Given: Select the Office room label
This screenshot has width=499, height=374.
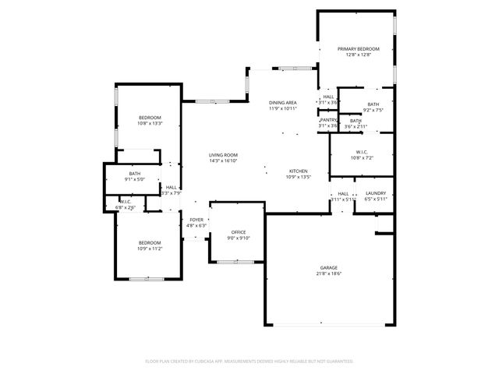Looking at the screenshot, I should [239, 232].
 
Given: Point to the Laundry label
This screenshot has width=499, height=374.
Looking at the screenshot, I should [375, 193].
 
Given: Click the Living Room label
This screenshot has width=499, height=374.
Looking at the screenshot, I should [223, 155].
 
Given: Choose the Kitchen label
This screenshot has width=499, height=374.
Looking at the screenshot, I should [299, 171].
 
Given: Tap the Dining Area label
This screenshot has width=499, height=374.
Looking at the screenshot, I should [282, 103].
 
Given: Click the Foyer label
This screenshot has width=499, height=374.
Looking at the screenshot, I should [196, 220].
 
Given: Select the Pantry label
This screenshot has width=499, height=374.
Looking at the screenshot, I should [328, 120].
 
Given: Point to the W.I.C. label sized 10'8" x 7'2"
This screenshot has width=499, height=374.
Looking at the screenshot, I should [362, 152].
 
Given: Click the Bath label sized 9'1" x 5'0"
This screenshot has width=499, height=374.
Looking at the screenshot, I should [135, 174].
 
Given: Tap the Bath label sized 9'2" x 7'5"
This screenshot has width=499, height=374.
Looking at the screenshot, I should [373, 104].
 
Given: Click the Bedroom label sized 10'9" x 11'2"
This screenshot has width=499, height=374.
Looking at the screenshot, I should [150, 242].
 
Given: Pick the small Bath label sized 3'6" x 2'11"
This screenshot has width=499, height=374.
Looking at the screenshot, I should [356, 120].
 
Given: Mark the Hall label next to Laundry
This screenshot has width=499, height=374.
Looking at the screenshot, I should [343, 193].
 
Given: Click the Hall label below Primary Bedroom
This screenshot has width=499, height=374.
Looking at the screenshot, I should [328, 97].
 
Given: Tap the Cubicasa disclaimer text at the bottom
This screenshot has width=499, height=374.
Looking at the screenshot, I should [249, 362].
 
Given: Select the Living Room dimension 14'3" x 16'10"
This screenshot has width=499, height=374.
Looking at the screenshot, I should [223, 161].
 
